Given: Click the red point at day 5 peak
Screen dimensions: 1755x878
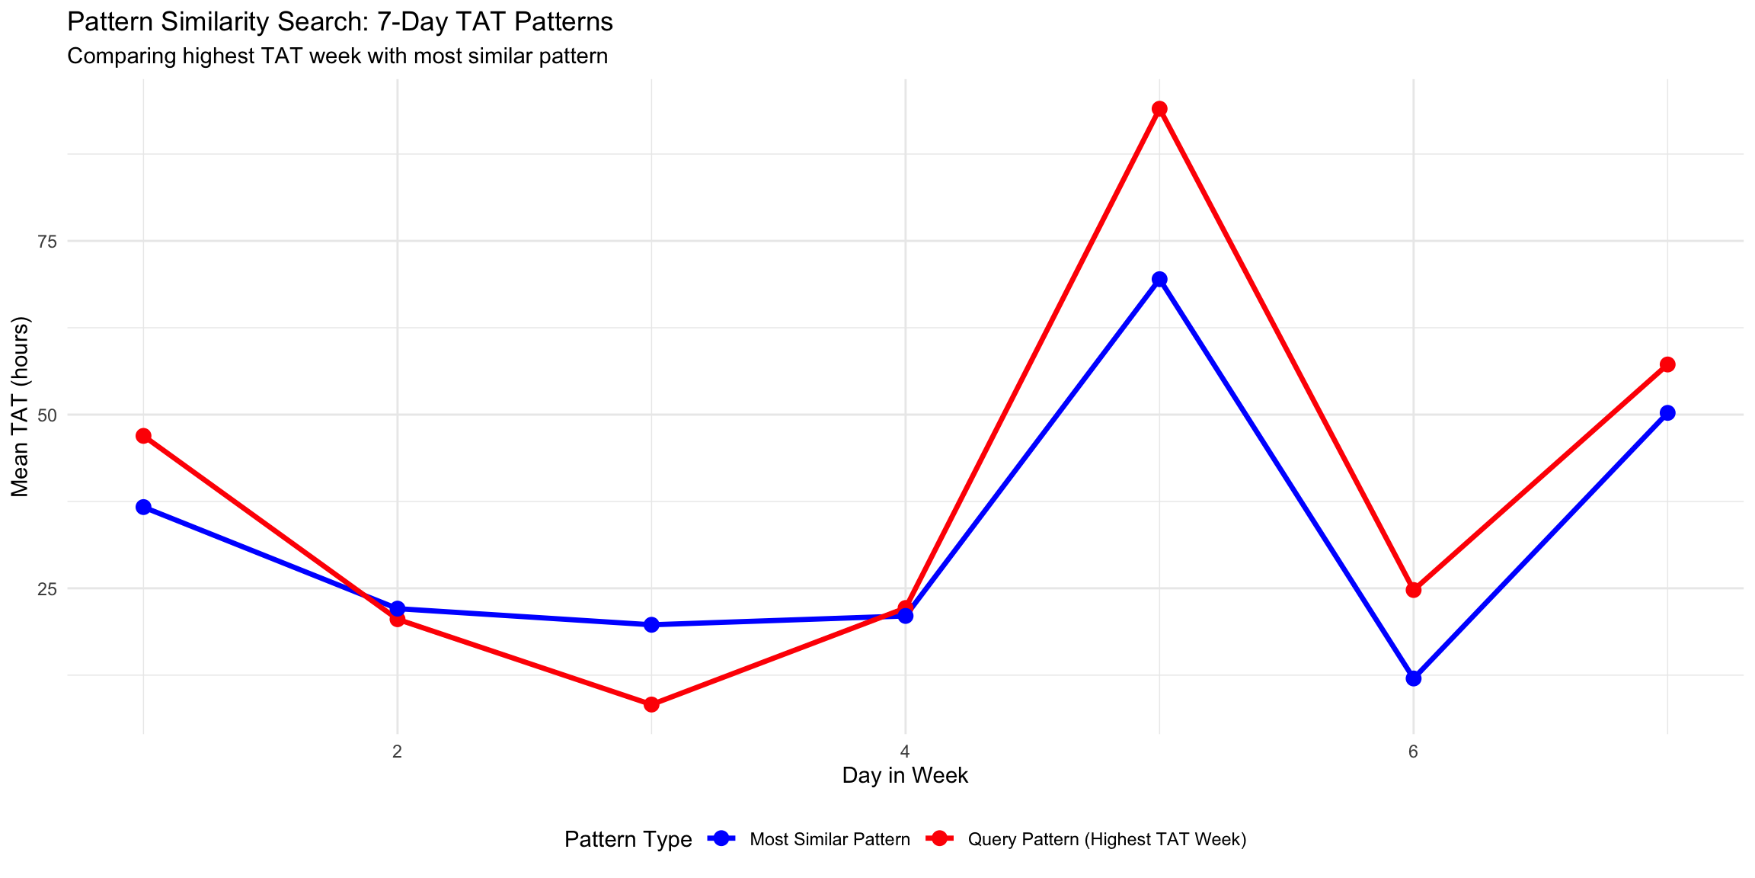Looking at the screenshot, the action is point(1159,109).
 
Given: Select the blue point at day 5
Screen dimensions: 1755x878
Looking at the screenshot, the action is point(1159,280).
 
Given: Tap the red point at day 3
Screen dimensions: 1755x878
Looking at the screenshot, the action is point(651,704).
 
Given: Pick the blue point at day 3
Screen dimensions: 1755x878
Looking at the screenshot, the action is point(651,625).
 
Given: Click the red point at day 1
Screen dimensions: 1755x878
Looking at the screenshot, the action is point(143,436).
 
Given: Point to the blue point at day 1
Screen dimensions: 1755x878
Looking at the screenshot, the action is point(143,508).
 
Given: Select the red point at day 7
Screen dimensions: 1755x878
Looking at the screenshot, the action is point(1667,364).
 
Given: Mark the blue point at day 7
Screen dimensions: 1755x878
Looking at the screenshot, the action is point(1667,413).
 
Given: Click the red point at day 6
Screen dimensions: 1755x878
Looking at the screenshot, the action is point(1413,590).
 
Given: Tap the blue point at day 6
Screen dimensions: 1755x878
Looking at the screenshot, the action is point(1413,678).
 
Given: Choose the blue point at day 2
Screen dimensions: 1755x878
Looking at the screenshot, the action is point(397,609).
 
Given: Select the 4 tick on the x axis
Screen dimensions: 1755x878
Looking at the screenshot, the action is point(905,752).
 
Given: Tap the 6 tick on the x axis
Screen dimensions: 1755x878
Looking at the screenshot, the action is point(1413,752).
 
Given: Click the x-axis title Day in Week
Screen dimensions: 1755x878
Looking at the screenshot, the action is point(905,776).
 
